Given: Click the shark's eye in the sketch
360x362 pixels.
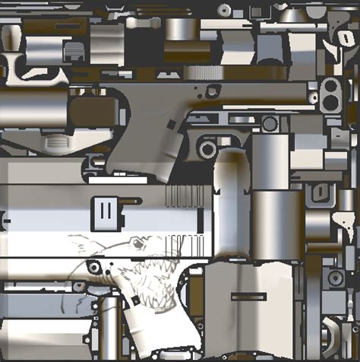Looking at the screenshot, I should coord(136,243).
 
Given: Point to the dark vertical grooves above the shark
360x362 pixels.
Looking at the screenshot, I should coord(186,197).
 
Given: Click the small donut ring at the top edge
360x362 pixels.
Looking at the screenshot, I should coord(225,10).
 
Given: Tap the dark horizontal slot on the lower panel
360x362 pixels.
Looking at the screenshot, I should coord(248,294).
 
